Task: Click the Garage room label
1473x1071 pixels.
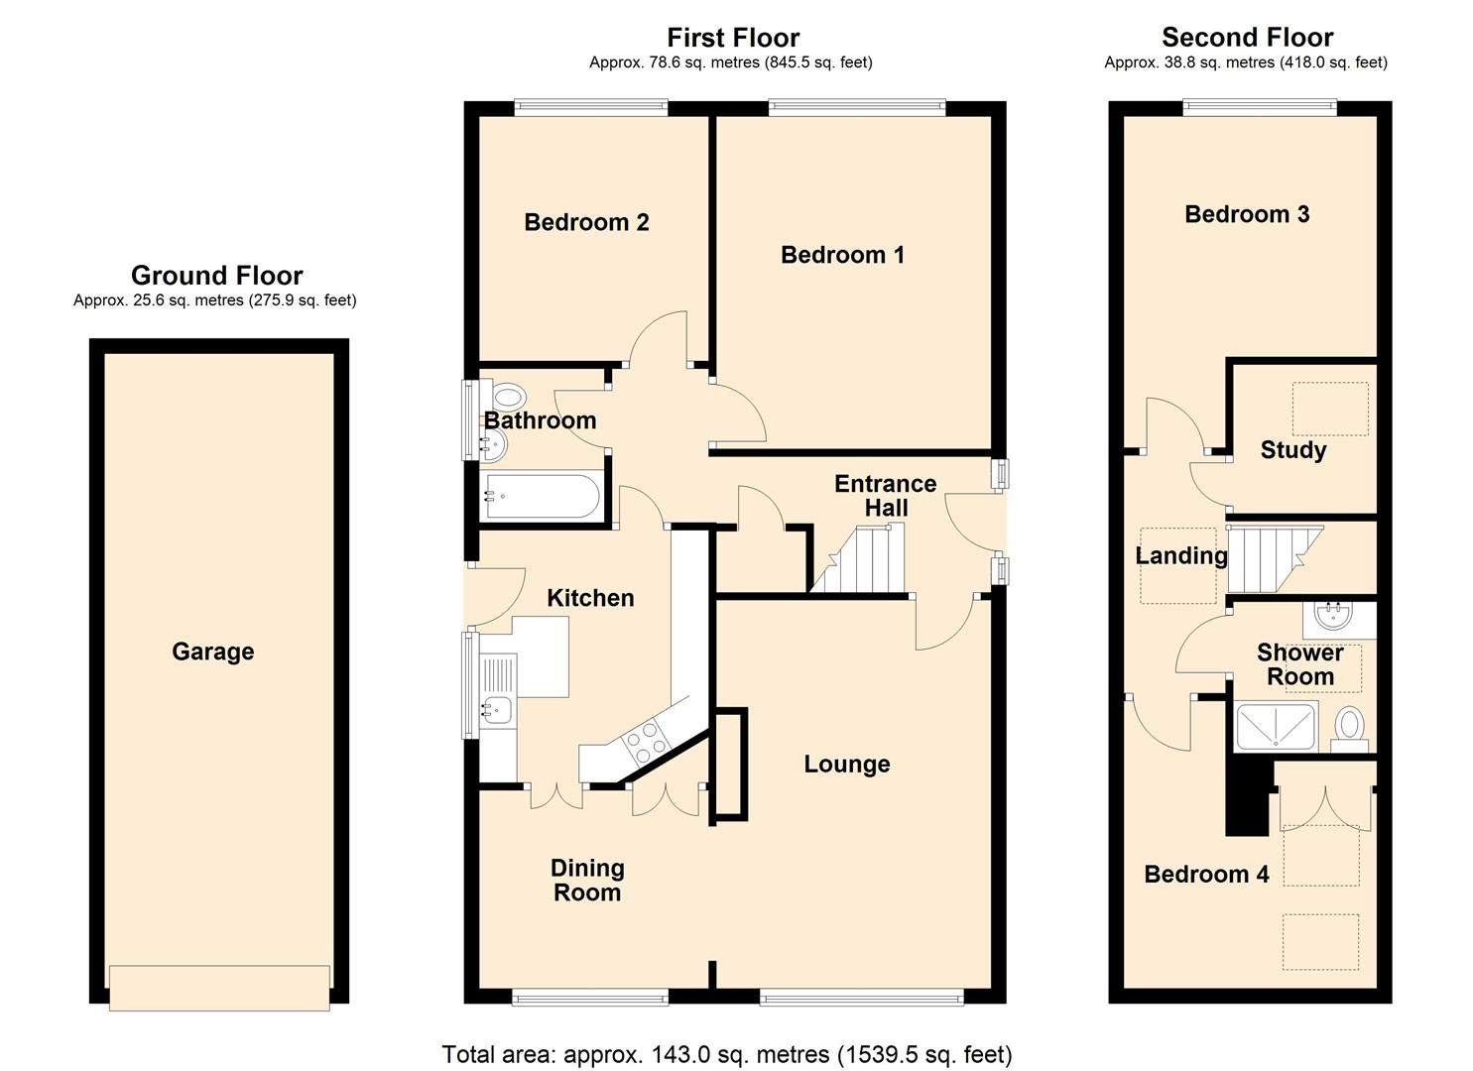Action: tap(212, 652)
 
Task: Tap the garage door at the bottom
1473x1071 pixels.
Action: tap(219, 987)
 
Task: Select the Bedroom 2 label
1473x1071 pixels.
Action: tap(586, 222)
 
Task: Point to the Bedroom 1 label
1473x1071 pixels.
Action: tap(842, 255)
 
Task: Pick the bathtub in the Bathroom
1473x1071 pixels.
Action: tap(541, 495)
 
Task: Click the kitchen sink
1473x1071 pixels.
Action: tap(496, 708)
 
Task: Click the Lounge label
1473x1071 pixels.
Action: tap(846, 765)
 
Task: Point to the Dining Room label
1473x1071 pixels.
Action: tap(587, 880)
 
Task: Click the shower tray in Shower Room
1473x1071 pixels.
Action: tap(1275, 726)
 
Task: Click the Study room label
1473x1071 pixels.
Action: tap(1292, 450)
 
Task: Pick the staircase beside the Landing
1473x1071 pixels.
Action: tap(1273, 558)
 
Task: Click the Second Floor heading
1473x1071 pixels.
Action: tap(1247, 38)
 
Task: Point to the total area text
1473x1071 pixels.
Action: tap(726, 1054)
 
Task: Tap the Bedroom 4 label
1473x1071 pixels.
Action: tap(1206, 875)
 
